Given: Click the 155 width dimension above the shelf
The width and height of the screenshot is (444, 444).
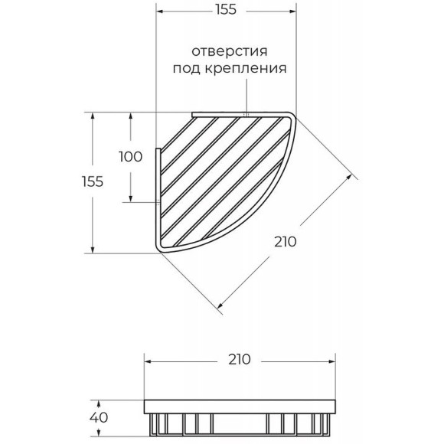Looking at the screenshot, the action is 226,9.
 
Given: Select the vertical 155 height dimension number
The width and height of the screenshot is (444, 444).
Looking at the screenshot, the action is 93,181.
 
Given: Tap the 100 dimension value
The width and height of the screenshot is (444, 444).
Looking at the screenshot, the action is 131,157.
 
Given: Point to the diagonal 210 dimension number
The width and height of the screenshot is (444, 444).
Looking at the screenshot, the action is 285,242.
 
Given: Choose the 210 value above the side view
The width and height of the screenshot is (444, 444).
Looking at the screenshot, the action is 240,360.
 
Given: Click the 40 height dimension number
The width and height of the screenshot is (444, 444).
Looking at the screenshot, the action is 99,417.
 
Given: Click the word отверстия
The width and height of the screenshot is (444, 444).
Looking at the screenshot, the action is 230,51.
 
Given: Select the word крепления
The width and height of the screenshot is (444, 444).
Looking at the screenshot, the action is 246,68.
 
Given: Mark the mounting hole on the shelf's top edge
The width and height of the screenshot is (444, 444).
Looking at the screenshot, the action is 246,115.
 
